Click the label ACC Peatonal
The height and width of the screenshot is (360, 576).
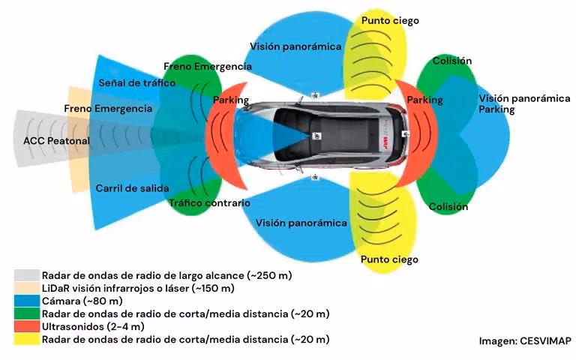(x=57, y=140)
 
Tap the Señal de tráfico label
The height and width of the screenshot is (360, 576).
(x=136, y=82)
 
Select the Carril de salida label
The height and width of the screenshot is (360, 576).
(x=132, y=187)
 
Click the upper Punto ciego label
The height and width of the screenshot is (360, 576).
(x=390, y=21)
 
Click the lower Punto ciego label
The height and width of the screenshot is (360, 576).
(x=389, y=259)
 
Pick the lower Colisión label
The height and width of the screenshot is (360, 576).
(x=448, y=206)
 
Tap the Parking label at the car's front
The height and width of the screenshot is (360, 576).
(x=231, y=100)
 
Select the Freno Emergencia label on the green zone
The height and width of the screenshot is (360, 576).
(x=207, y=66)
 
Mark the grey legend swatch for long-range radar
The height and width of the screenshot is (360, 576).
(x=26, y=275)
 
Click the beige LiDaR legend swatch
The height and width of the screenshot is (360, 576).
(x=26, y=288)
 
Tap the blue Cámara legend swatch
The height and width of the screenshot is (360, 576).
(x=26, y=301)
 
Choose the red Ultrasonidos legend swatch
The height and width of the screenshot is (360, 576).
(x=26, y=326)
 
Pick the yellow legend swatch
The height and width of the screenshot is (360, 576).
(x=26, y=340)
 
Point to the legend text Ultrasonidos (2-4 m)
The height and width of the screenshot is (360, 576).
(x=93, y=326)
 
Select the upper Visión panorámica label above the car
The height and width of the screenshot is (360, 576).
(x=295, y=46)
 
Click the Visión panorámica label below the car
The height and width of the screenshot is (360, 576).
(x=301, y=223)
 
